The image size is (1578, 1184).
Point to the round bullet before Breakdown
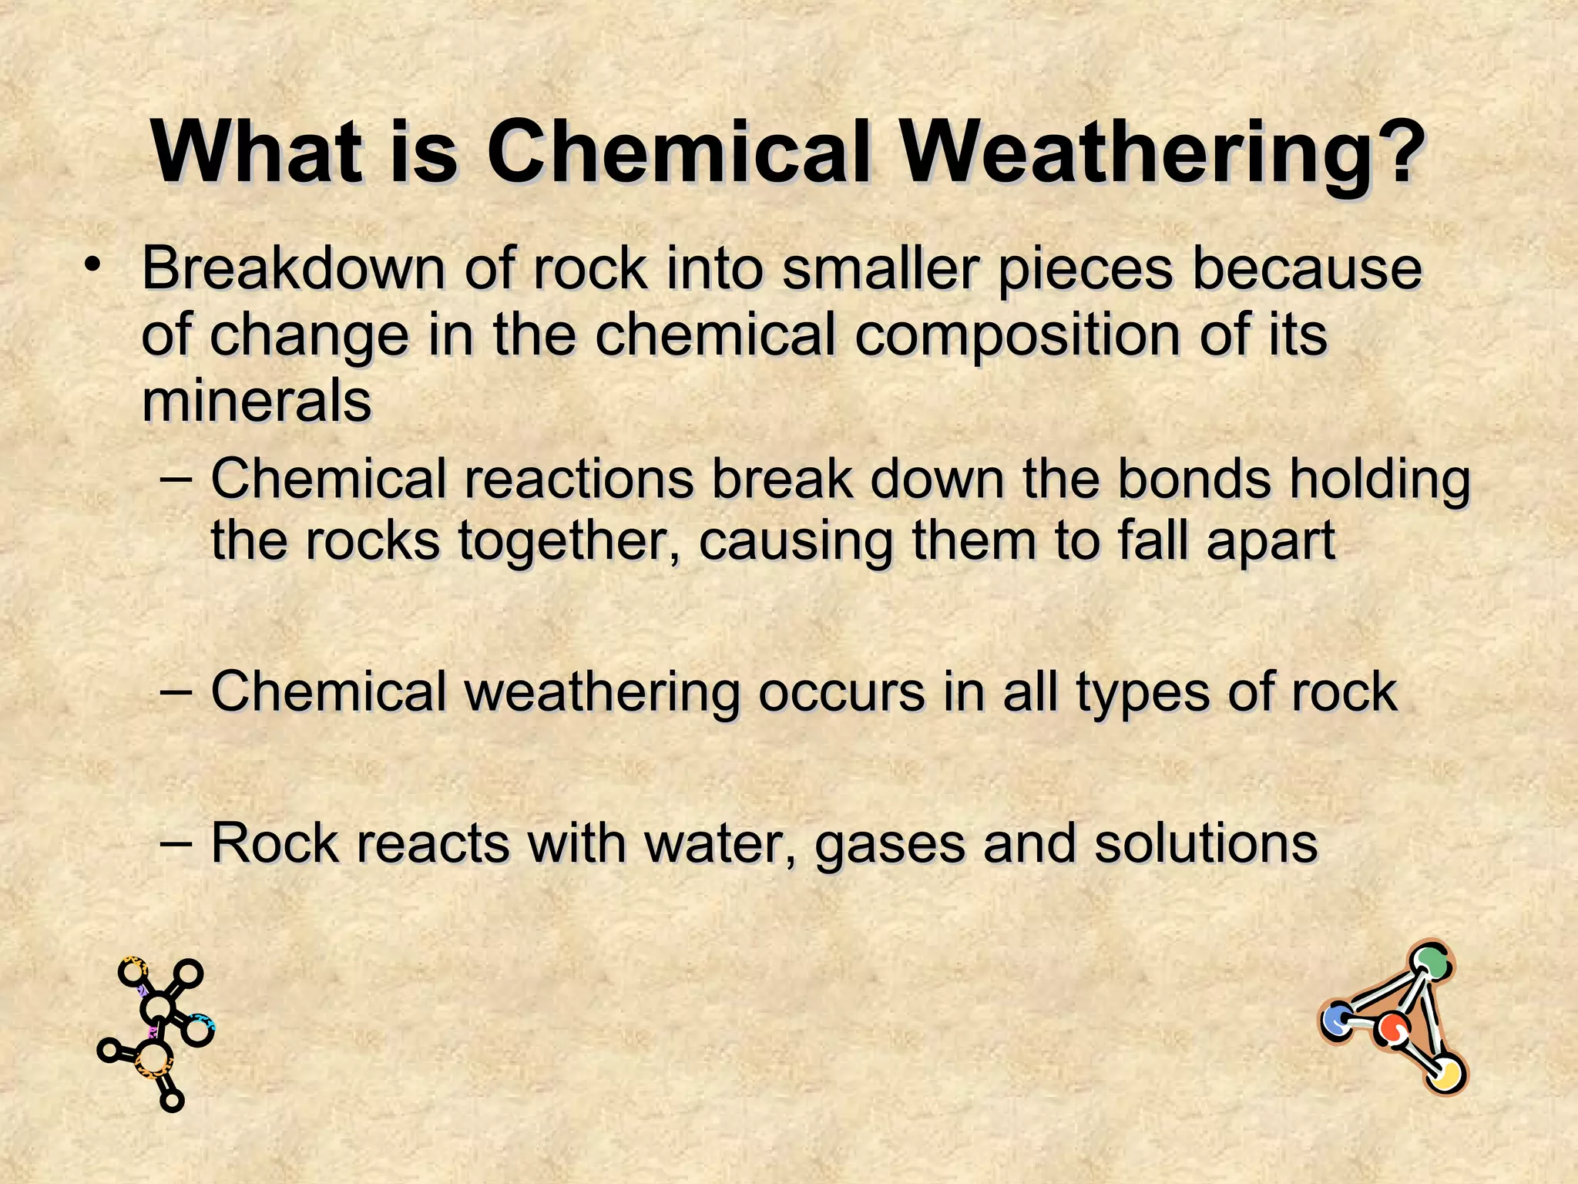click(x=93, y=267)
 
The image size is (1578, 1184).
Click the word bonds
click(x=1194, y=479)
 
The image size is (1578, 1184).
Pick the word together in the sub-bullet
click(x=569, y=540)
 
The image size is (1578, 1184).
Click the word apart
click(x=1271, y=542)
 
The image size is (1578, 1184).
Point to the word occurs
click(x=841, y=691)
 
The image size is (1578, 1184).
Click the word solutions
click(x=1206, y=843)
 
